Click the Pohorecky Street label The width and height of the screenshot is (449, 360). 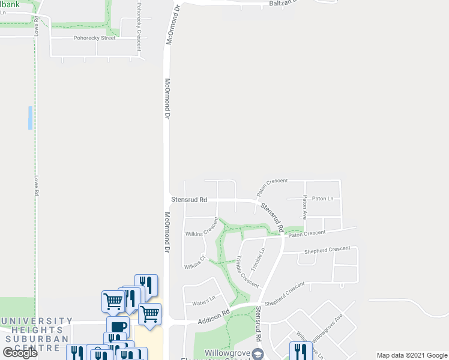(94, 38)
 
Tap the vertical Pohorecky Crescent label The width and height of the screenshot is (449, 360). (139, 29)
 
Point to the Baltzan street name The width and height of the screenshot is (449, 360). (282, 4)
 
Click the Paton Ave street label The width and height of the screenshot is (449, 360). (304, 207)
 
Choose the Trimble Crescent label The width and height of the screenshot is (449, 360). (247, 271)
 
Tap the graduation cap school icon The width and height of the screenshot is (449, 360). (258, 352)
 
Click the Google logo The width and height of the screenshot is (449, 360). (20, 352)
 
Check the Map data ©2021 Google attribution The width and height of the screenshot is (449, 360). (411, 355)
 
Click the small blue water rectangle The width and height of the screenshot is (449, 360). (29, 118)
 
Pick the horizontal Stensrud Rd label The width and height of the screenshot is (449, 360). (189, 200)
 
